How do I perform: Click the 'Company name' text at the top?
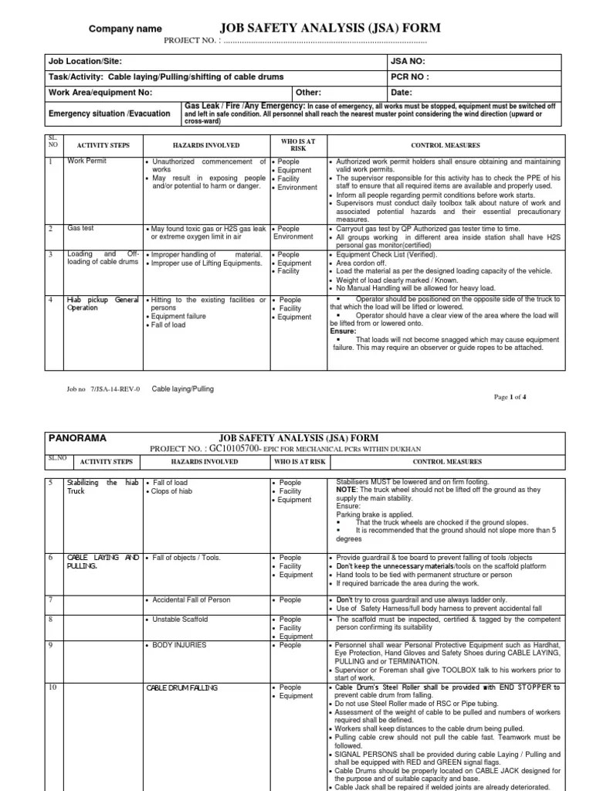click(126, 29)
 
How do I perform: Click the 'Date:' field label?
click(402, 93)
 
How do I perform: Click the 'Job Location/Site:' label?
click(85, 62)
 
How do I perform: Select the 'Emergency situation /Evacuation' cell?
click(109, 114)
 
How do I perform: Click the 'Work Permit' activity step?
click(87, 161)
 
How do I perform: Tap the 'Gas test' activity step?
click(80, 229)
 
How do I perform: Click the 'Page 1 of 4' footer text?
click(510, 397)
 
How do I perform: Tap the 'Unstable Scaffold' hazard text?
click(181, 620)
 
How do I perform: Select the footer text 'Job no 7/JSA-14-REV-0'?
click(104, 389)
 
